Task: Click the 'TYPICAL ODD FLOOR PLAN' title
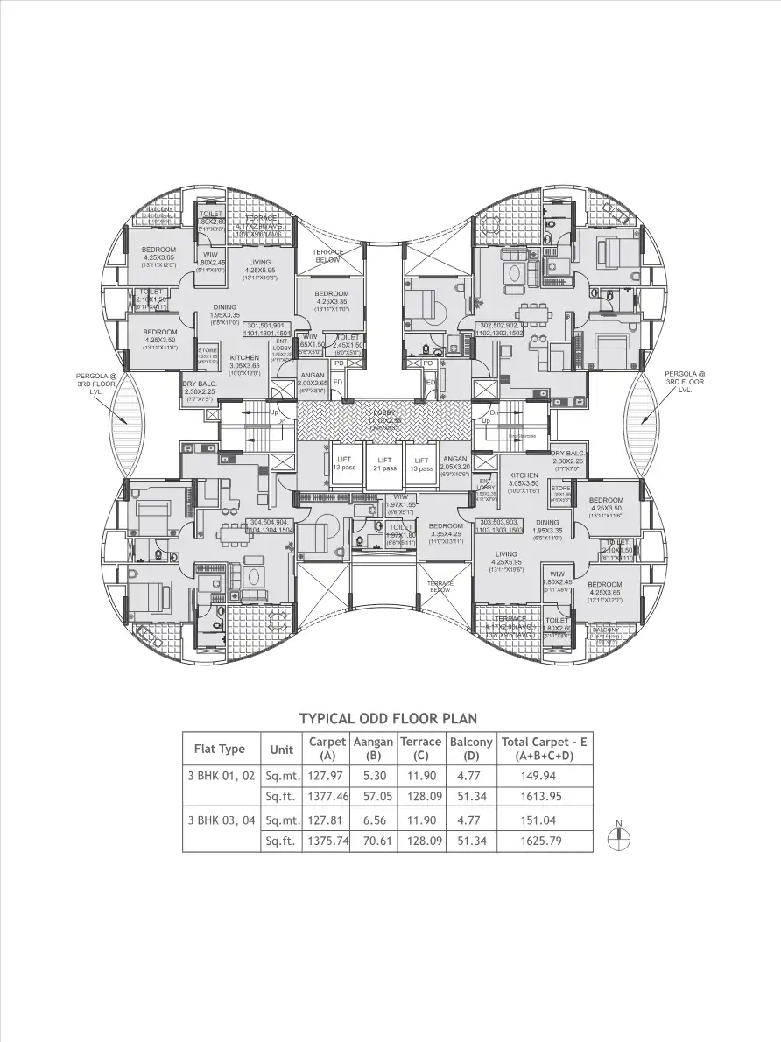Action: pyautogui.click(x=388, y=718)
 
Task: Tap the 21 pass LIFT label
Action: pyautogui.click(x=384, y=464)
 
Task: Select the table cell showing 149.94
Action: pyautogui.click(x=544, y=776)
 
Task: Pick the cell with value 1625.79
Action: pyautogui.click(x=544, y=841)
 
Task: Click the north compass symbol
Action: pyautogui.click(x=618, y=836)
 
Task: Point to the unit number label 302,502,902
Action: pyautogui.click(x=500, y=329)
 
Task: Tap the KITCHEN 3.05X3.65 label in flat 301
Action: pyautogui.click(x=244, y=363)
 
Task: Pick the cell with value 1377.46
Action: pyautogui.click(x=327, y=797)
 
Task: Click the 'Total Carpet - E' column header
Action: pyautogui.click(x=544, y=748)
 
